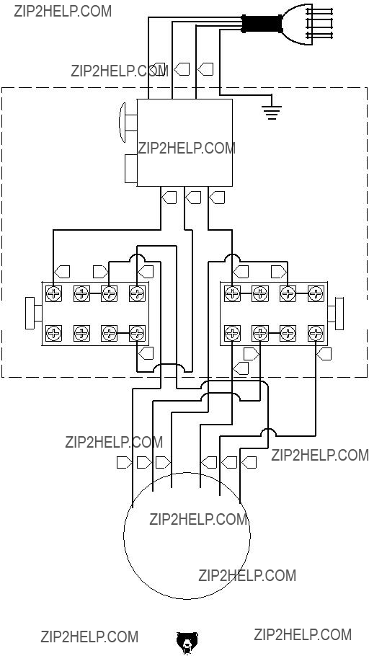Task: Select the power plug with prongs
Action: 308,24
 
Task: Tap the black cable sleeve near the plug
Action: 262,24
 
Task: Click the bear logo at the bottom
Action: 187,643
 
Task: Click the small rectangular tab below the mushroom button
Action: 131,169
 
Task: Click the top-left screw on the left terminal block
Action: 53,293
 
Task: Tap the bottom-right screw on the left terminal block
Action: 137,334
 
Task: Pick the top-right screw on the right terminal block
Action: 316,293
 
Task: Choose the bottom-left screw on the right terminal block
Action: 232,334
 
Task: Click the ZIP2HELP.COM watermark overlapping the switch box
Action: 187,148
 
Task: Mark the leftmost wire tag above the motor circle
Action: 124,462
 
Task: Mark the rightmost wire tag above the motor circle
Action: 249,462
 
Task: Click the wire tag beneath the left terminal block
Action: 145,353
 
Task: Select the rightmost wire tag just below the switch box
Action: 217,197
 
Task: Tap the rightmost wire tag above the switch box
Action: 205,68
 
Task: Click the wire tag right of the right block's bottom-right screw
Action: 324,354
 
